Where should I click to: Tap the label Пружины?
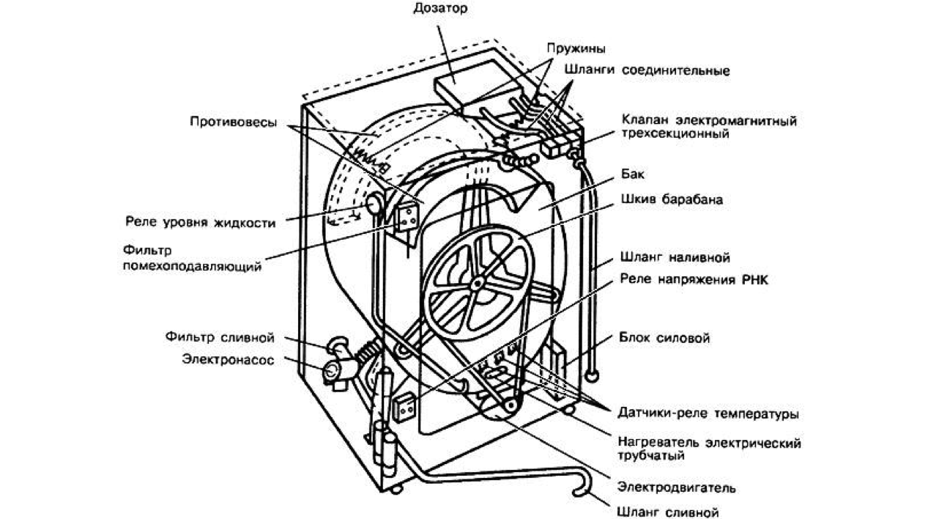click(575, 49)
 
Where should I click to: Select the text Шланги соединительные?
click(647, 71)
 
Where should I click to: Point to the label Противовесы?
click(232, 122)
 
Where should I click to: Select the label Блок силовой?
click(664, 339)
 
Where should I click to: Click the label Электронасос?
click(228, 360)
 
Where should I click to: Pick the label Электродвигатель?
click(676, 487)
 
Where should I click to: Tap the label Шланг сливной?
click(667, 512)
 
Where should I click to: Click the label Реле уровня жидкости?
click(200, 223)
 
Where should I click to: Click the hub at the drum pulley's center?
click(478, 282)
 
